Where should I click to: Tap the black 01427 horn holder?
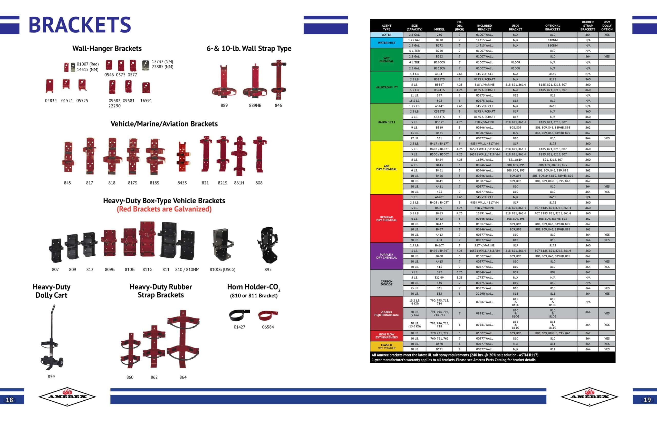239,315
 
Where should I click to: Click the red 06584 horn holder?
268,315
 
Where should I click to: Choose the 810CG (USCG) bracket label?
223,269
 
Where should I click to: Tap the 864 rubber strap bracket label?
183,377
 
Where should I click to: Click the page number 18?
9,400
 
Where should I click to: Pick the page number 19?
647,400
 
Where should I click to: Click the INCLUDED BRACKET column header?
484,27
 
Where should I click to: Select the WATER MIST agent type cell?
386,43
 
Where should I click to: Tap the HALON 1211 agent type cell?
386,122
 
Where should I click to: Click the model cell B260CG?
439,62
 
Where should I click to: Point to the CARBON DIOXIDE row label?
386,283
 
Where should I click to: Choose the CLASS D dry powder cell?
386,346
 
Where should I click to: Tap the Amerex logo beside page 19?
590,396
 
